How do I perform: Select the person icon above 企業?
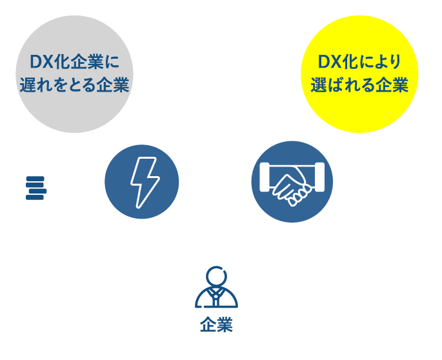pos(216,289)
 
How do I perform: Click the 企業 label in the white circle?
pos(216,325)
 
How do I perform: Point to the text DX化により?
pos(359,62)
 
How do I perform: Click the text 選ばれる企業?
pos(359,85)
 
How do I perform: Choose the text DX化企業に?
pos(75,63)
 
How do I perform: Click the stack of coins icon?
pos(34,174)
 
